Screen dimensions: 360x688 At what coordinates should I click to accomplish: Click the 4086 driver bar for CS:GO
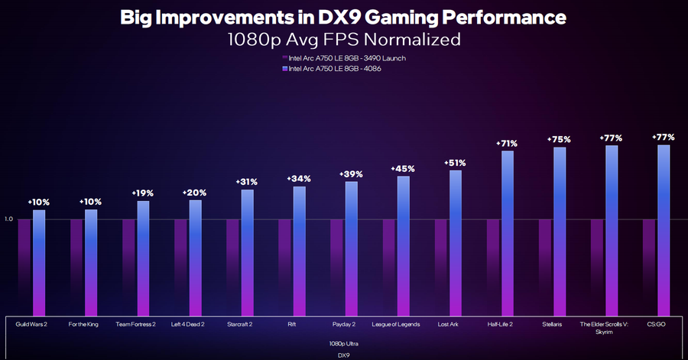point(664,229)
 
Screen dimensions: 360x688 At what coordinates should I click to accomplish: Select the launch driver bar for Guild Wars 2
point(24,267)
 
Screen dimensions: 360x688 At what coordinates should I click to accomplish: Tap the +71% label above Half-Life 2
point(508,143)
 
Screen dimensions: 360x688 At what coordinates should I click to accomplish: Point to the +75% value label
point(560,139)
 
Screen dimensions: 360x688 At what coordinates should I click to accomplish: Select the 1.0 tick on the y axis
point(9,219)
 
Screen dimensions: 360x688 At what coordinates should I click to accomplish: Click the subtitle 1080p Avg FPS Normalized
point(343,38)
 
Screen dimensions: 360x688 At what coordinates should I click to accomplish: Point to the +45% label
point(403,168)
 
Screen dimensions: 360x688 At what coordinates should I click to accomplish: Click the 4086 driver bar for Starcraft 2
point(247,252)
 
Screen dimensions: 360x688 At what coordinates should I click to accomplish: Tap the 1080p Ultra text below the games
point(343,343)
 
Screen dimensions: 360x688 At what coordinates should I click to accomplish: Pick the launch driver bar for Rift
point(284,267)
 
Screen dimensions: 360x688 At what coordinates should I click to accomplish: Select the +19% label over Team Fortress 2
point(143,193)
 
